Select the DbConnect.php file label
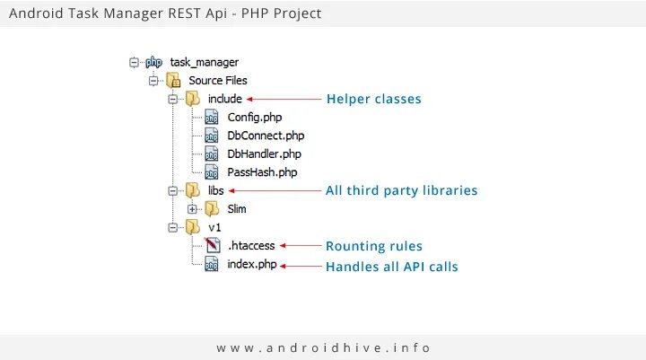[x=266, y=136]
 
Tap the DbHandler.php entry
[x=264, y=154]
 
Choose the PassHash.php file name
[x=262, y=171]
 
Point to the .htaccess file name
[x=251, y=245]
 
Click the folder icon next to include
[x=192, y=99]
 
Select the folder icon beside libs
[x=192, y=190]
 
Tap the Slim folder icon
[x=212, y=209]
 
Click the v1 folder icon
[x=192, y=227]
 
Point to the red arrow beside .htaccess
[x=300, y=245]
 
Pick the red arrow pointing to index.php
[x=300, y=266]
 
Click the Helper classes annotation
[x=373, y=99]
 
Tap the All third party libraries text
[x=401, y=190]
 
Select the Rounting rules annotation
[x=373, y=246]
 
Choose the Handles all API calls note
[x=392, y=267]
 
